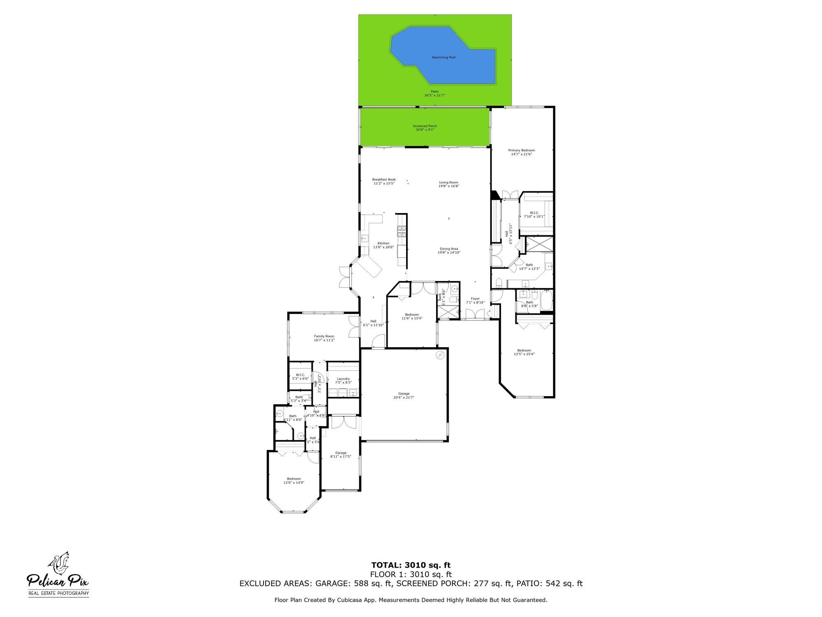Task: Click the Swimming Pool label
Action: click(x=443, y=58)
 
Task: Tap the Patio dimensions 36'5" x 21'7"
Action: click(x=434, y=95)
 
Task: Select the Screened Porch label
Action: click(x=425, y=126)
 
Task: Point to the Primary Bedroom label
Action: click(x=521, y=151)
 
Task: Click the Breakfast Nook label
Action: click(x=384, y=179)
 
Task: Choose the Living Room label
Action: click(x=448, y=182)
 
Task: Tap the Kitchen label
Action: click(x=383, y=244)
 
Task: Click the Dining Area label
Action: click(x=449, y=249)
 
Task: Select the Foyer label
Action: click(x=475, y=299)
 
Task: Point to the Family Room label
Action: click(x=324, y=336)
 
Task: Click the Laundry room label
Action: click(x=343, y=379)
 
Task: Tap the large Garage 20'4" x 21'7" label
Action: click(x=404, y=394)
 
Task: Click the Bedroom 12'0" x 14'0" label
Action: click(x=294, y=479)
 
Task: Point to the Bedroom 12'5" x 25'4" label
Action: click(x=524, y=350)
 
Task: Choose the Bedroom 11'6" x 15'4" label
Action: click(x=412, y=315)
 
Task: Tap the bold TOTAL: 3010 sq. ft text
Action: click(x=411, y=565)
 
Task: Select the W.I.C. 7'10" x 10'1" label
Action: click(x=534, y=213)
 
